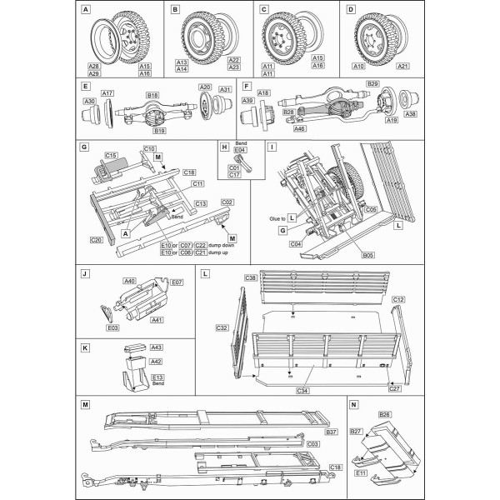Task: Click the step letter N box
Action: coord(354,403)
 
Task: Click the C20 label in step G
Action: coord(96,239)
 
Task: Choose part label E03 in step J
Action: coord(112,328)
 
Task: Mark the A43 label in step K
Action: coord(156,347)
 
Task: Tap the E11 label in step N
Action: coord(361,472)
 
